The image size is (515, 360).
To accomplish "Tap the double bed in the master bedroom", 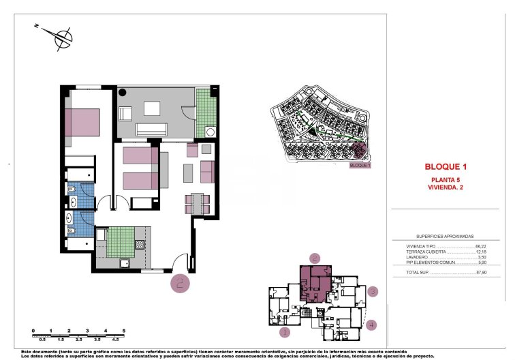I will (x=82, y=121).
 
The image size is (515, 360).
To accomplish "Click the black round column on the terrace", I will (x=123, y=92).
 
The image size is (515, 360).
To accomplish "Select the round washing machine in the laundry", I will (x=210, y=132).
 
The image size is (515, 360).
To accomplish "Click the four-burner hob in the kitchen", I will (x=140, y=244).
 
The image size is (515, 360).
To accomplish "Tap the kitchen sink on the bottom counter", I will (x=125, y=262).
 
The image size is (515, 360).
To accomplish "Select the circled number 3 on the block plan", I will (x=373, y=292).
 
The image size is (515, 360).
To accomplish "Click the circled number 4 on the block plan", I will (x=371, y=325).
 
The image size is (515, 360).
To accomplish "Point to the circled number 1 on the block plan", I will (x=285, y=333).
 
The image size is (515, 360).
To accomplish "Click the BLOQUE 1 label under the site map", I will (x=359, y=166).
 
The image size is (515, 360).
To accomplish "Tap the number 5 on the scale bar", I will (x=123, y=331).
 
